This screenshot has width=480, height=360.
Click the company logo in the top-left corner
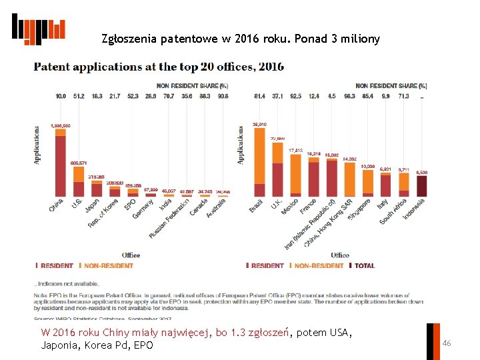tap(38, 29)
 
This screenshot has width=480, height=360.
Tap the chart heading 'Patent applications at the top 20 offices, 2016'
tap(159, 67)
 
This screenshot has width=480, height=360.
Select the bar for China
tap(61, 167)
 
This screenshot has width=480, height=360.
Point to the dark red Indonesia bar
tap(421, 186)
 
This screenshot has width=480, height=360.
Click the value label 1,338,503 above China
tap(61, 126)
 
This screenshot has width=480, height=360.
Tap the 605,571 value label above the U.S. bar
tap(79, 163)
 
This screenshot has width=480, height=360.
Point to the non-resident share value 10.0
tap(61, 97)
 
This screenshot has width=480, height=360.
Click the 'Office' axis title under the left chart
tap(131, 255)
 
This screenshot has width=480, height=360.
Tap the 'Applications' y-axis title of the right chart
tap(241, 145)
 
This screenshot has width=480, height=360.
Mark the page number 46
tap(447, 343)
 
